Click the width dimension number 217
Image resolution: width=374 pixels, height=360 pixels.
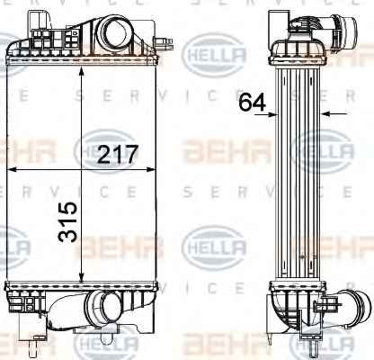tap(118, 154)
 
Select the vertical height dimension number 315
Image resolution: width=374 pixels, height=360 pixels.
tap(67, 221)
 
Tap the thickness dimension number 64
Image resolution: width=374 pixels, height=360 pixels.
tap(253, 102)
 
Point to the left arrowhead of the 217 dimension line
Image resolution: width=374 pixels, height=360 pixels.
tap(12, 170)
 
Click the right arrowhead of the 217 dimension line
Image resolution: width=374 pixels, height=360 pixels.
tap(151, 170)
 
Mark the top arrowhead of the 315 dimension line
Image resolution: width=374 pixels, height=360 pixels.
tap(82, 71)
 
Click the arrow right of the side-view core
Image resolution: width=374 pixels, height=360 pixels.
tap(334, 113)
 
